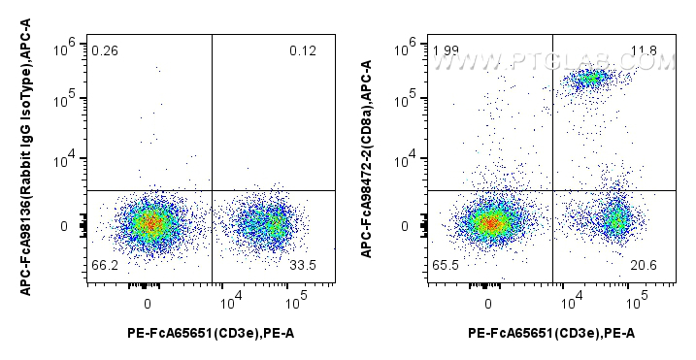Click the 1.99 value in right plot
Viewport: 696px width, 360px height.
[447, 50]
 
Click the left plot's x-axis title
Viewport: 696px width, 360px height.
[211, 334]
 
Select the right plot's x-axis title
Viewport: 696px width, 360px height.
[551, 334]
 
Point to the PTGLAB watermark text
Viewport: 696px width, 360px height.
[553, 61]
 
